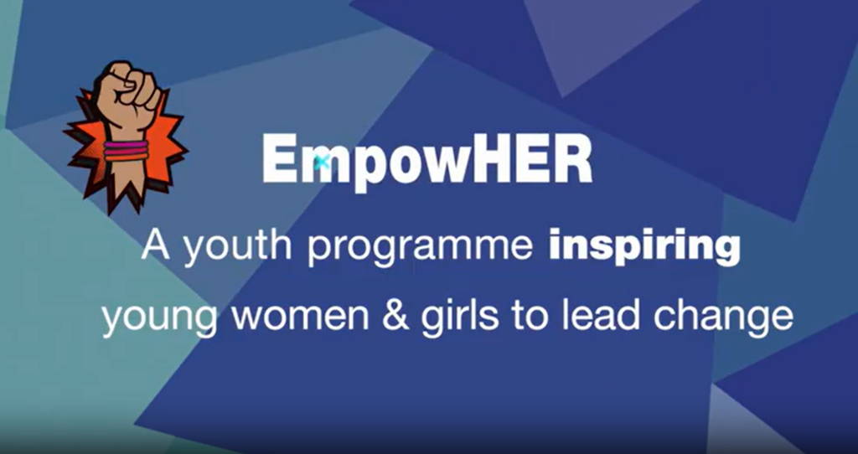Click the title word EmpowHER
click(426, 161)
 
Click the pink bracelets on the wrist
click(126, 151)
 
